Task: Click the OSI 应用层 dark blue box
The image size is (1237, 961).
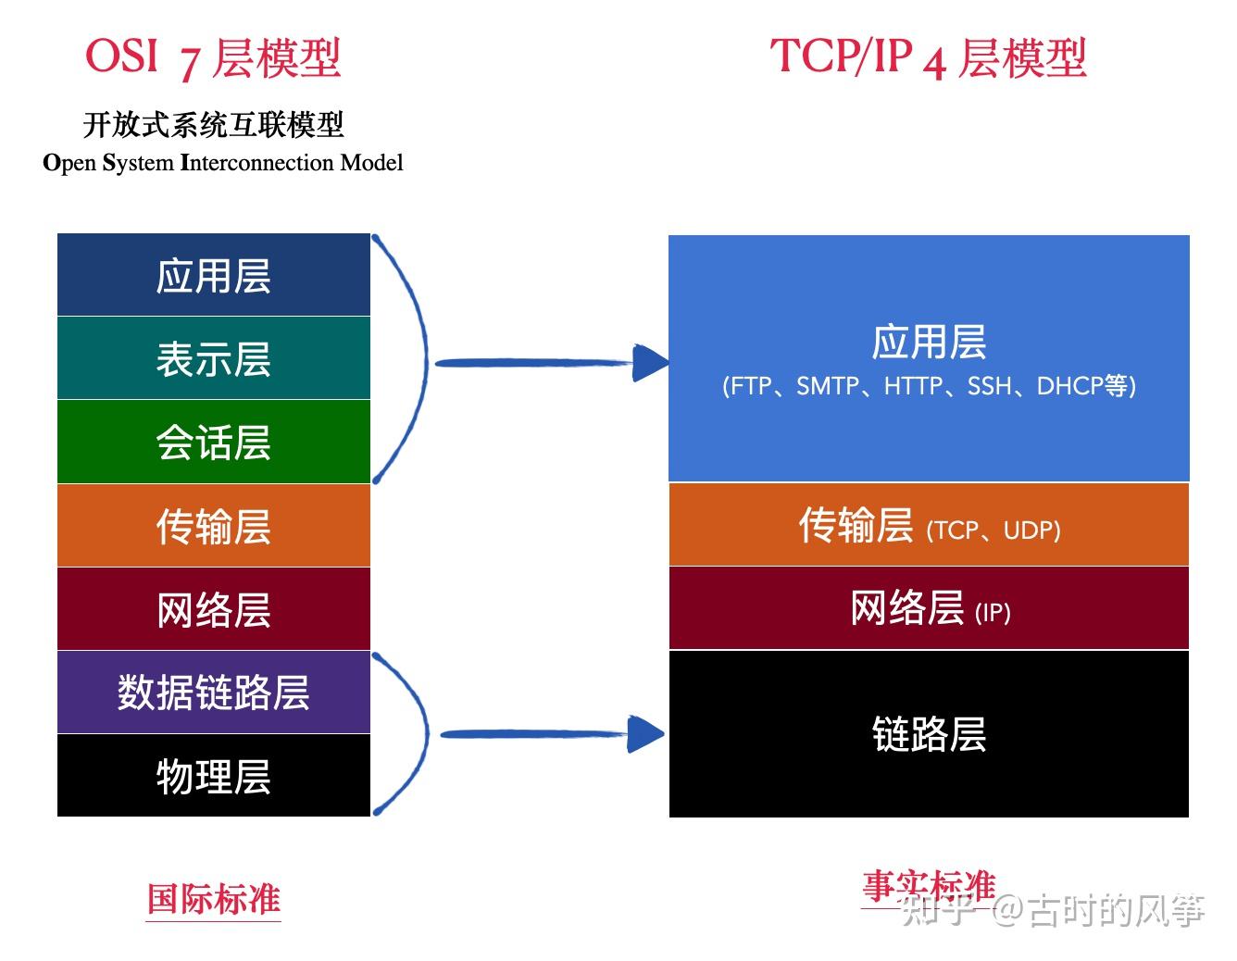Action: (213, 275)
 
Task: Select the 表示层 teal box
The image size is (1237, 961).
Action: (213, 358)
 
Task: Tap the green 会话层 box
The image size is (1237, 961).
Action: (213, 442)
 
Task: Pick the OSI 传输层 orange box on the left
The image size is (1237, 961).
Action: (213, 526)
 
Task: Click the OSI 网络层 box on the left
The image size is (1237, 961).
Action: (213, 609)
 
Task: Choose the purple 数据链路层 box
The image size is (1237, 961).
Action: (213, 693)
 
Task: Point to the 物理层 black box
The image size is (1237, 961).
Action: (213, 776)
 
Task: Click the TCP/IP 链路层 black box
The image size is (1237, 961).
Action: (929, 734)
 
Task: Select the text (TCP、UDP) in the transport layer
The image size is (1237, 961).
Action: (993, 530)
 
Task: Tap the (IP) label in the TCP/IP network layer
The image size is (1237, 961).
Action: (993, 612)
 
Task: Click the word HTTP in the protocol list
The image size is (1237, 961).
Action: (913, 385)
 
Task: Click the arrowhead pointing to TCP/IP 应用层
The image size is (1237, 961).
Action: (650, 363)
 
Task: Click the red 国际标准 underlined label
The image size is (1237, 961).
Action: (214, 899)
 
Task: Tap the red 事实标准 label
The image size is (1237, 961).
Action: (929, 887)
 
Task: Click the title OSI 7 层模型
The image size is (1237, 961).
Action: (213, 57)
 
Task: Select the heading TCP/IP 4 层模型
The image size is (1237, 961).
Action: (928, 57)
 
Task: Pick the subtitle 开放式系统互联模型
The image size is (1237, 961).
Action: (214, 124)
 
